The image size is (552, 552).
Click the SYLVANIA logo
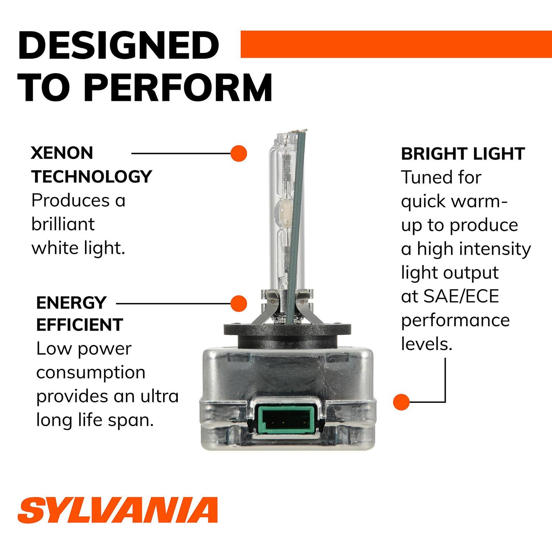(117, 510)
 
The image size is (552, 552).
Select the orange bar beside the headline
(396, 44)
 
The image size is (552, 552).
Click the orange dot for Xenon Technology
(238, 153)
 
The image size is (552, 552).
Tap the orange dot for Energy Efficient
(238, 304)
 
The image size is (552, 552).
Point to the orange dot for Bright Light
(401, 401)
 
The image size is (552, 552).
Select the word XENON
(62, 153)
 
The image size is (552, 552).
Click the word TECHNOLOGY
(91, 177)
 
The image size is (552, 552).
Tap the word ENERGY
(71, 303)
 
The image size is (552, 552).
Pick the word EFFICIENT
(79, 325)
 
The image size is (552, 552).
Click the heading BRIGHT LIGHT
(463, 154)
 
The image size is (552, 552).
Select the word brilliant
(63, 224)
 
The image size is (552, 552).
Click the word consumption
(91, 372)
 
